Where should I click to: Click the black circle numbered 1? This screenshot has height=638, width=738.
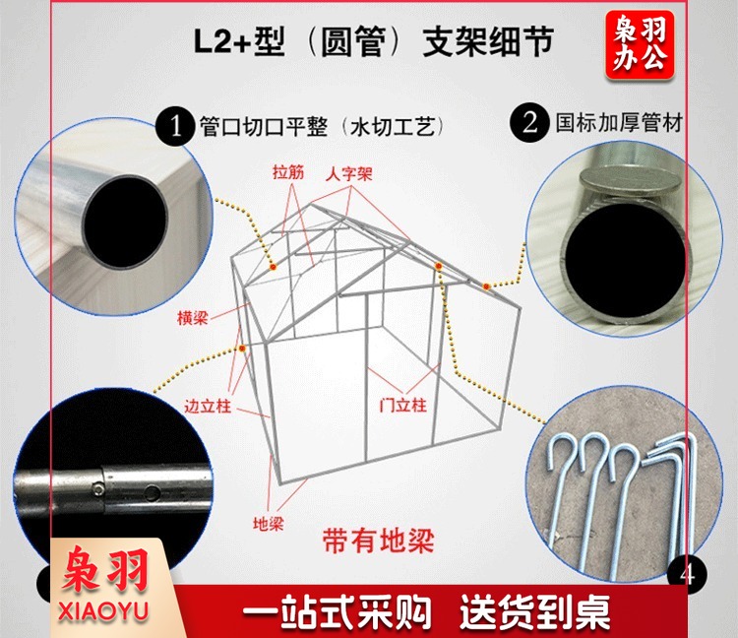click(175, 126)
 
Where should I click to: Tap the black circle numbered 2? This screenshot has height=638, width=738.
click(529, 123)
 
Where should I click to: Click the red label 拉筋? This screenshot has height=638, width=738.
click(288, 172)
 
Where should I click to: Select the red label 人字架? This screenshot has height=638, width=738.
click(348, 174)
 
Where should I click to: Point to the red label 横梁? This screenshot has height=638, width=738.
click(193, 318)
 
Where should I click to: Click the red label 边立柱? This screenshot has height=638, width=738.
click(208, 406)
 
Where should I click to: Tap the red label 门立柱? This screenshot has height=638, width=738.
click(402, 405)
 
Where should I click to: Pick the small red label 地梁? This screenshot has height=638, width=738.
click(269, 524)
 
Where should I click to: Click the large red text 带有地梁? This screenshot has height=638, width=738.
click(378, 541)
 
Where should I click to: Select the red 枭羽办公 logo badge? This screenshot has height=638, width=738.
click(640, 44)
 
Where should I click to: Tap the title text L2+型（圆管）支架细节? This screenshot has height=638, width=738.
click(373, 42)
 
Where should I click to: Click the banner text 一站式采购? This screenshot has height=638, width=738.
click(337, 612)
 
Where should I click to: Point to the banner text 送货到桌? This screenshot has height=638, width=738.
click(534, 612)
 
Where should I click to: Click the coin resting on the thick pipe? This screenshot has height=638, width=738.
click(630, 183)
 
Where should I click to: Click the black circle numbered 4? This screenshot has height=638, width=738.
click(687, 573)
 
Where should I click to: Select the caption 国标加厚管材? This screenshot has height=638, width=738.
click(619, 123)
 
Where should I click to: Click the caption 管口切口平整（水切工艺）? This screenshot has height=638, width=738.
click(322, 126)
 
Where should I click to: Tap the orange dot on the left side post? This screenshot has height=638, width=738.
click(242, 349)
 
